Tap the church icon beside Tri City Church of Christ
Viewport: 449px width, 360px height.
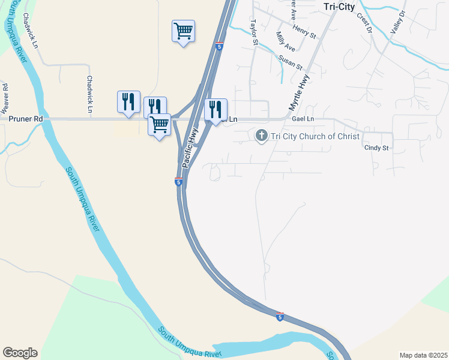pyautogui.click(x=261, y=136)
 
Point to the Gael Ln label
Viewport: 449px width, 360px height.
pyautogui.click(x=303, y=120)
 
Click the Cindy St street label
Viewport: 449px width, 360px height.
pyautogui.click(x=376, y=148)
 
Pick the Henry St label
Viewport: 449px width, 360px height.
pyautogui.click(x=304, y=32)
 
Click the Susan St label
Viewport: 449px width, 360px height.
pyautogui.click(x=291, y=62)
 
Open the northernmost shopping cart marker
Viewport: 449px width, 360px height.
pyautogui.click(x=183, y=31)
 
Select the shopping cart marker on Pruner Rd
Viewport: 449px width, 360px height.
pyautogui.click(x=159, y=125)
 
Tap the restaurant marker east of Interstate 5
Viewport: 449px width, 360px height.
pyautogui.click(x=215, y=109)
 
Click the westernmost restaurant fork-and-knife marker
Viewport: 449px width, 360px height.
pyautogui.click(x=128, y=101)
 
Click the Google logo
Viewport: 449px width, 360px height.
pyautogui.click(x=20, y=353)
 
